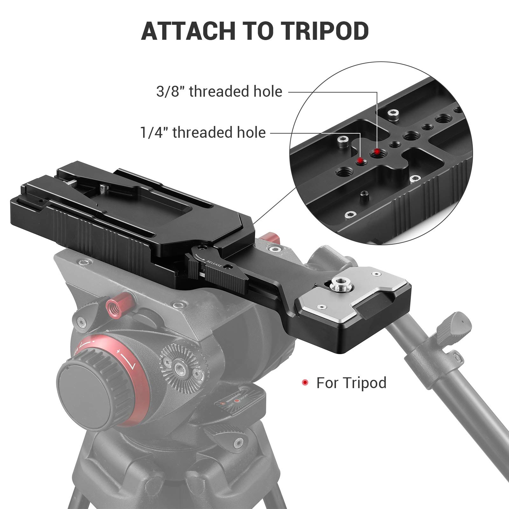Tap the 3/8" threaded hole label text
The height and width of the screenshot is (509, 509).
[219, 92]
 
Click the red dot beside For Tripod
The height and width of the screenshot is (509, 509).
[305, 382]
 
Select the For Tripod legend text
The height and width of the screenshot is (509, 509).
[351, 382]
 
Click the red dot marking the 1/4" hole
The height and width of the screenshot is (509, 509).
[360, 160]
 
